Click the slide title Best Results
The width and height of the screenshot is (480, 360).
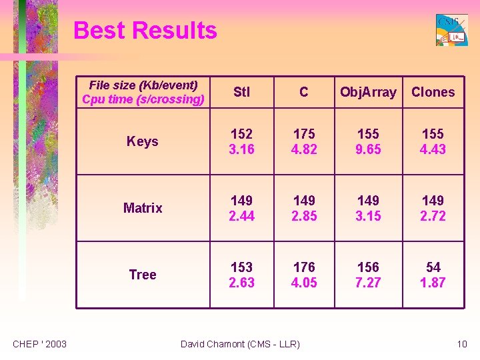click(145, 31)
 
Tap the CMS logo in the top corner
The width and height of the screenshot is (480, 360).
click(451, 30)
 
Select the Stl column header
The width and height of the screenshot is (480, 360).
click(241, 92)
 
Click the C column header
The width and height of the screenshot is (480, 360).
click(304, 92)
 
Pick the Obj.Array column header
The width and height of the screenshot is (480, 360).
click(368, 92)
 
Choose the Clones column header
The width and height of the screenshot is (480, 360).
click(433, 92)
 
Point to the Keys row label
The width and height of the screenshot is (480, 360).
click(143, 141)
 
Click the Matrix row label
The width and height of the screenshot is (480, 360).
click(143, 208)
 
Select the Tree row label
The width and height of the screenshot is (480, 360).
click(143, 275)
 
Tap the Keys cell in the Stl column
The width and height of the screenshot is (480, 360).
click(241, 141)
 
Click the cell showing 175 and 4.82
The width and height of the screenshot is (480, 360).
click(304, 141)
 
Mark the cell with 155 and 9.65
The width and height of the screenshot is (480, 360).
click(368, 141)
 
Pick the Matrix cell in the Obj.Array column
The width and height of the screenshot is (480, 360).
click(368, 208)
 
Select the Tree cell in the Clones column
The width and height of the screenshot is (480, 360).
click(433, 275)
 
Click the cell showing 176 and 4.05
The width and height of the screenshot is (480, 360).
click(304, 275)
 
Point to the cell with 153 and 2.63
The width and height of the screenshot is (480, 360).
click(241, 275)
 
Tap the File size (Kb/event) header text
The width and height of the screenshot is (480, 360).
click(143, 85)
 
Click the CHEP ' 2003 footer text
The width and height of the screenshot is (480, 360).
click(40, 344)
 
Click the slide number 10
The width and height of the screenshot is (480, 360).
click(462, 344)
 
